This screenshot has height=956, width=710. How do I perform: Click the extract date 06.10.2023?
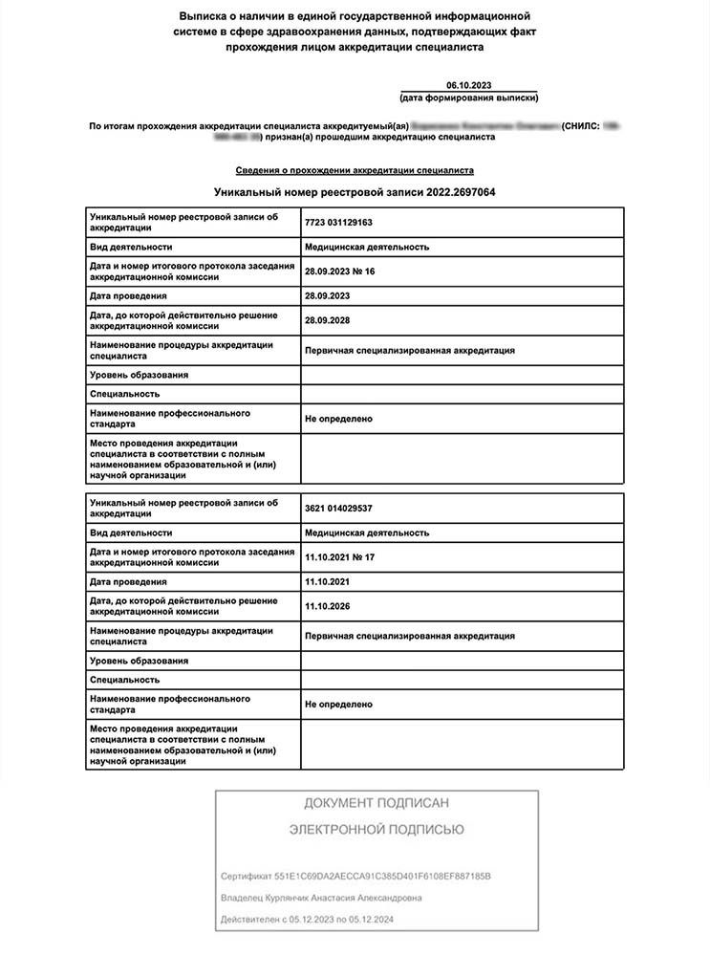tap(468, 86)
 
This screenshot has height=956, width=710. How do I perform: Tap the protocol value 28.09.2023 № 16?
tap(340, 272)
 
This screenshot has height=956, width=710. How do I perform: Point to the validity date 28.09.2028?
tap(328, 320)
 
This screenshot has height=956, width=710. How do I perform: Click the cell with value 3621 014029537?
tap(338, 508)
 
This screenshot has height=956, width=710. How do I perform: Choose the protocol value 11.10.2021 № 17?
tap(340, 557)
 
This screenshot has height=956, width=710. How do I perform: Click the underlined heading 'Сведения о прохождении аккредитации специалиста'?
tap(355, 170)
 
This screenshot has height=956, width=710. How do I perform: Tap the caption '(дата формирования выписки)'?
tap(468, 98)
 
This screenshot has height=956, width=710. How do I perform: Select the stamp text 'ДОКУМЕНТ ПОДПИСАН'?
tap(377, 802)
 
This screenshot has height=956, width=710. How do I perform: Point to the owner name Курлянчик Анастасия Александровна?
tap(321, 898)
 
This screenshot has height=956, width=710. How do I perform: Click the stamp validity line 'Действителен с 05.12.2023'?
tap(307, 920)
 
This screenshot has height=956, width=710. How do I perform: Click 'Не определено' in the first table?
tap(338, 419)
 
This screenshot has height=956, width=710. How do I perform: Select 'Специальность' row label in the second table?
tap(125, 680)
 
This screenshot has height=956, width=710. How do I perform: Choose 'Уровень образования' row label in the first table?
tap(139, 375)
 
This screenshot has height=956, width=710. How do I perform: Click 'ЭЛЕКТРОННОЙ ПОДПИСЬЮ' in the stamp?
tap(377, 830)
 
